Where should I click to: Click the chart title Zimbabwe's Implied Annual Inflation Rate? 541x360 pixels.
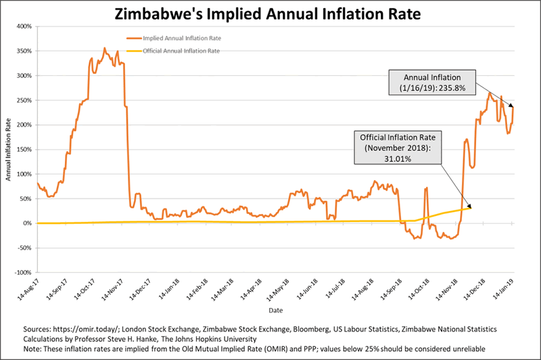[270, 14]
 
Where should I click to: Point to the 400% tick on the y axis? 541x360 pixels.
[24, 27]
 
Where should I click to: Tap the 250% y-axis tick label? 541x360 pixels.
[24, 101]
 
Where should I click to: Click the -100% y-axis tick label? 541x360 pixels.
[23, 273]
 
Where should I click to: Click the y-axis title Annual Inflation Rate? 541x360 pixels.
[9, 150]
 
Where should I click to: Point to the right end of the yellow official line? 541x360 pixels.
[471, 208]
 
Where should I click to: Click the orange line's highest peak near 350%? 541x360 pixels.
[104, 48]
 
